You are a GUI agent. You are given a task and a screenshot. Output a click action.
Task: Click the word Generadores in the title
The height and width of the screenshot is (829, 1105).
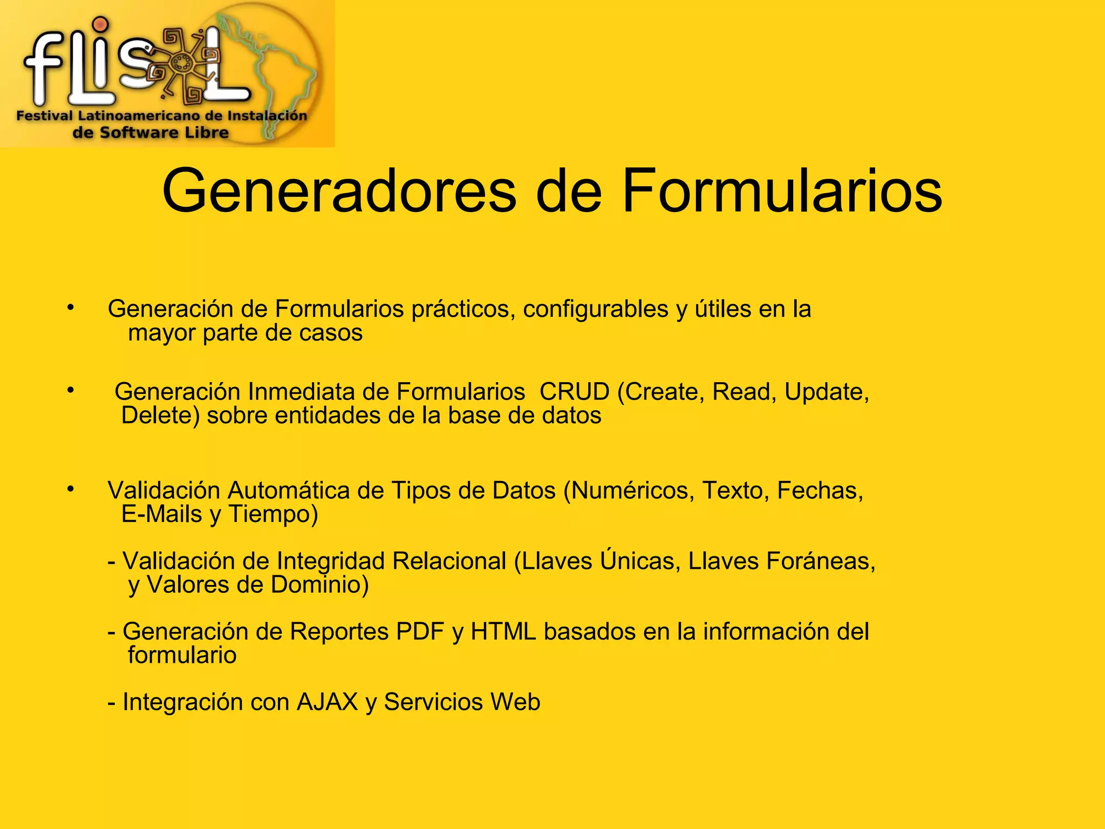(x=339, y=192)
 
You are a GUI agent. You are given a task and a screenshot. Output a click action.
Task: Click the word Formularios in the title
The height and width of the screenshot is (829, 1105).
(x=782, y=192)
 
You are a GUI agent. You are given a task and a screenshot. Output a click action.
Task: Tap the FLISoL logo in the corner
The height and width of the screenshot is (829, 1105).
(x=167, y=73)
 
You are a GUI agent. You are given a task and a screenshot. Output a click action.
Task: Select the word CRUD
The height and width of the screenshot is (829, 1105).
(x=574, y=392)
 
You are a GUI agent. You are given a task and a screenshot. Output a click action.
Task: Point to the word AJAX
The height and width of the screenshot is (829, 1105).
(x=327, y=702)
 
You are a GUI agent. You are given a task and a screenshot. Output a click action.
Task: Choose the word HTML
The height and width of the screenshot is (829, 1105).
(x=503, y=631)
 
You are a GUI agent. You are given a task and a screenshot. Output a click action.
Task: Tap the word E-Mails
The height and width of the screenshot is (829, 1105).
(x=161, y=514)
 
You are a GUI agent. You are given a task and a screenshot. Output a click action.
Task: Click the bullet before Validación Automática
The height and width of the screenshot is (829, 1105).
(x=70, y=489)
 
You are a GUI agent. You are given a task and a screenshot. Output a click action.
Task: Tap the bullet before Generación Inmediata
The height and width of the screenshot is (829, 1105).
(x=70, y=390)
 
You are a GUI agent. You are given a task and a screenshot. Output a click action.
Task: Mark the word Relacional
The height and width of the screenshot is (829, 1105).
(x=449, y=561)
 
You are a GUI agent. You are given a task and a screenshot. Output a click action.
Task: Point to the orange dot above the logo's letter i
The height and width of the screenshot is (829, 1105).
(x=100, y=24)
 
